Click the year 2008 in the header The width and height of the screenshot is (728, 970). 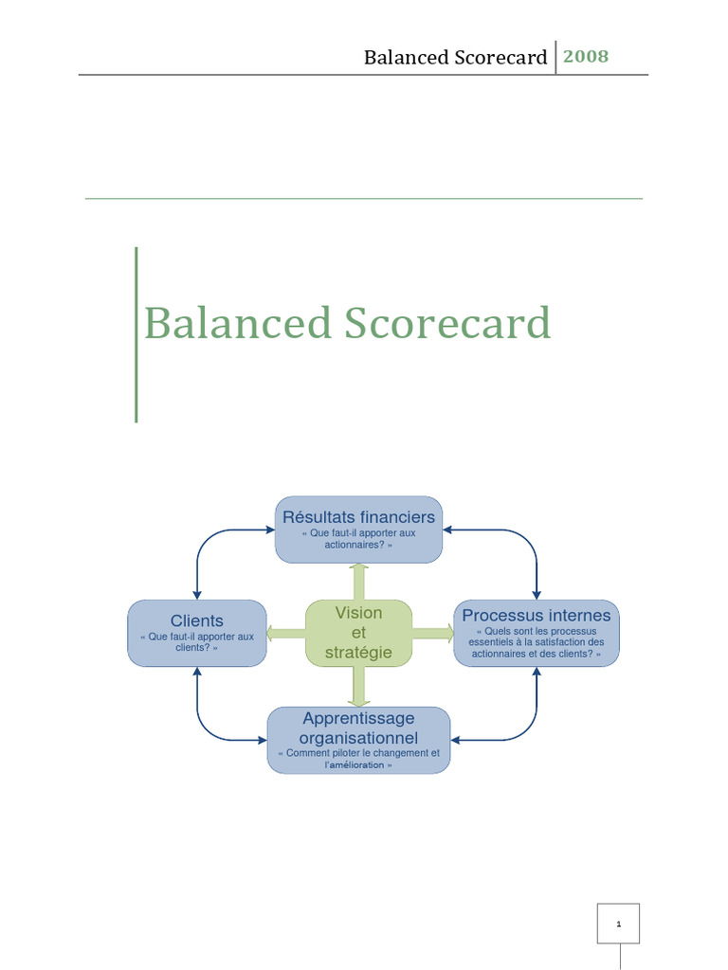586,56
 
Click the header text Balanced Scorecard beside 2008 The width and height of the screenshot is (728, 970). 455,58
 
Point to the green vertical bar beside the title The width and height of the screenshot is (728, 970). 136,333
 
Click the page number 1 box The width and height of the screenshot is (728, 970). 618,923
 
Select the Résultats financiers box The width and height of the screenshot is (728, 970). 358,530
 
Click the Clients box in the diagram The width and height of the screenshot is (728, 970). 197,633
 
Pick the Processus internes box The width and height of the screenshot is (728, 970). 537,633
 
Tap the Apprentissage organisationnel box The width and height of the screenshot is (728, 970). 358,740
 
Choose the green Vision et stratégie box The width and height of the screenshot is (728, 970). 358,633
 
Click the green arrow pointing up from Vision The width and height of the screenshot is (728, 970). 358,581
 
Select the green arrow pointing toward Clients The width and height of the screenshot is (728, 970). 285,633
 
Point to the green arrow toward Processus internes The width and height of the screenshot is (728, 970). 433,633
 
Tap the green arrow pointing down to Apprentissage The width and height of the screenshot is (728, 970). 358,687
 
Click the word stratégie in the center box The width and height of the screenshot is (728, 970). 358,653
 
